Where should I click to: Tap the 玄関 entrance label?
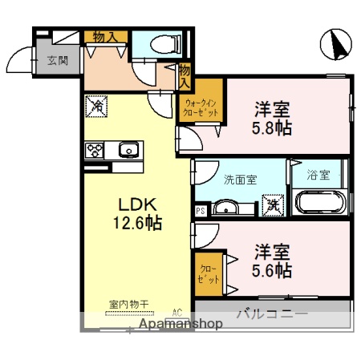pyautogui.click(x=57, y=60)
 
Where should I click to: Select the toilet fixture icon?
pyautogui.click(x=158, y=45)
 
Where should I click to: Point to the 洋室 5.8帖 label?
pyautogui.click(x=273, y=118)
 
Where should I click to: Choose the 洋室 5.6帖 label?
pyautogui.click(x=273, y=260)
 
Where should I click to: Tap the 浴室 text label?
pyautogui.click(x=318, y=176)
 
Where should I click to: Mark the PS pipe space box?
pyautogui.click(x=199, y=211)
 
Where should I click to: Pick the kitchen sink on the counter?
pyautogui.click(x=128, y=149)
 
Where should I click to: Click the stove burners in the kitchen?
pyautogui.click(x=95, y=149)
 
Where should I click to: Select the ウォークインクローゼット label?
pyautogui.click(x=199, y=108)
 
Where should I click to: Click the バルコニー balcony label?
pyautogui.click(x=271, y=313)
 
